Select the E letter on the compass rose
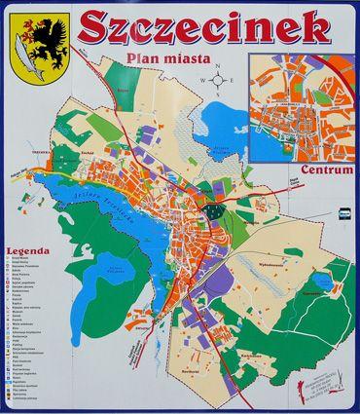tap(234, 82)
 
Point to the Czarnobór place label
tap(310, 289)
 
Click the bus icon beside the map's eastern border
tap(342, 211)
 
